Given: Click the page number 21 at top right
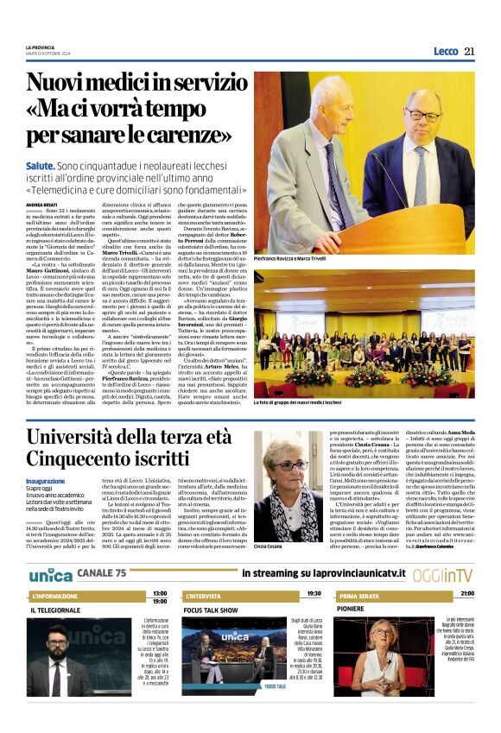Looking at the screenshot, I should point(469,51).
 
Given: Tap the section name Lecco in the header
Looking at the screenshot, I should point(446,52).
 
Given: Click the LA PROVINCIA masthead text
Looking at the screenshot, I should point(41,47).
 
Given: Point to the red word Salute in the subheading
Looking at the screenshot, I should point(38,164).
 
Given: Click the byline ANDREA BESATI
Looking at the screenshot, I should point(41,204).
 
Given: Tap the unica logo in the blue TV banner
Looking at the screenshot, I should point(49,574).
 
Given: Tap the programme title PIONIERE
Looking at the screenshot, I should point(354,610).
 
